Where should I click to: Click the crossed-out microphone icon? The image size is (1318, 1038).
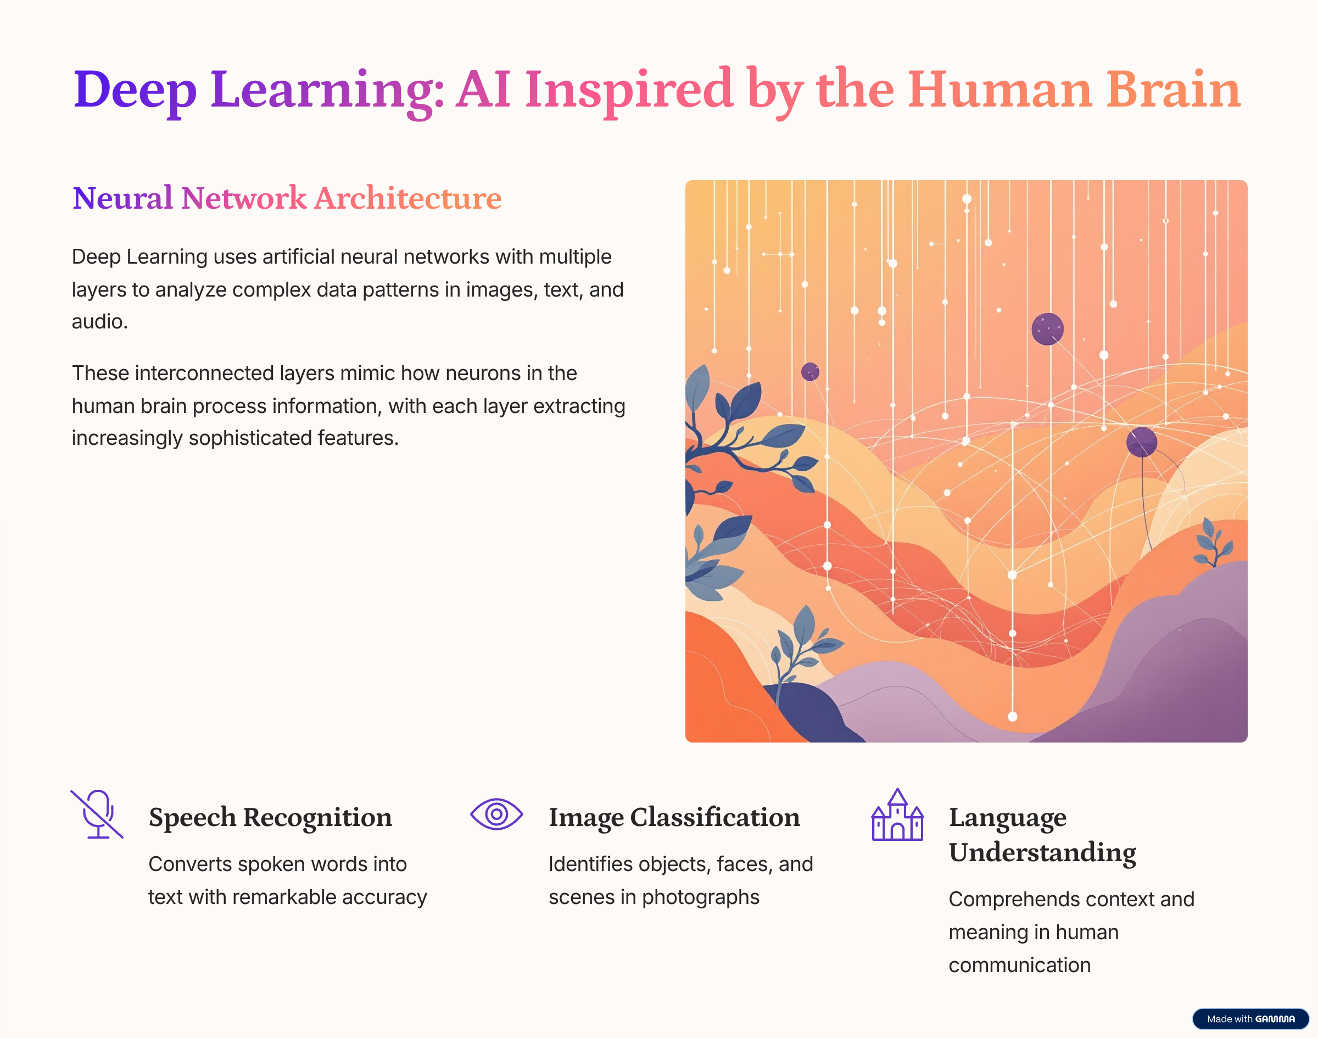pos(97,814)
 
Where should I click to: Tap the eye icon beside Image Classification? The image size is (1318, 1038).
pos(496,814)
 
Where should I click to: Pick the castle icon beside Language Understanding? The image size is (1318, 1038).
pos(897,815)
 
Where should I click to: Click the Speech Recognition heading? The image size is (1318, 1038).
pos(270,818)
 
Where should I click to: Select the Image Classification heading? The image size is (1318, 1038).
pos(674,818)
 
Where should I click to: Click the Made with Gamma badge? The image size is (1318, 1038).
pos(1250,1019)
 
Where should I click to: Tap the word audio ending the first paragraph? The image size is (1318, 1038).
pos(99,322)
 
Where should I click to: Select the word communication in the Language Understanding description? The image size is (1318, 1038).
pos(1020,965)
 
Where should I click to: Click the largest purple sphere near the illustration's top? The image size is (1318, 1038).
pos(1048,330)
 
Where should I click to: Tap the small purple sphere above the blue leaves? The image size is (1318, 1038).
pos(810,371)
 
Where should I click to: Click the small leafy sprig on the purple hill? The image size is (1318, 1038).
pos(1212,542)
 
